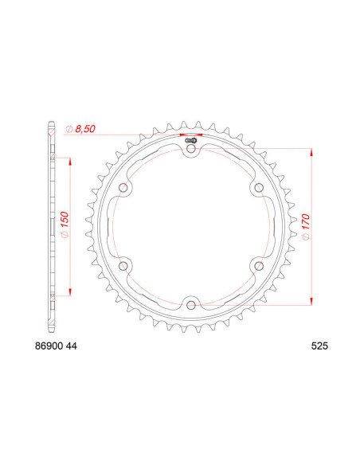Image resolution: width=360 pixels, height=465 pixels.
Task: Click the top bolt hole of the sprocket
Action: pyautogui.click(x=191, y=147)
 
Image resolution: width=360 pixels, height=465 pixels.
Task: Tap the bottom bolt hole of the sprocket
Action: pyautogui.click(x=191, y=303)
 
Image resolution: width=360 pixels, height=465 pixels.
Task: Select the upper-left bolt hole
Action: pyautogui.click(x=124, y=187)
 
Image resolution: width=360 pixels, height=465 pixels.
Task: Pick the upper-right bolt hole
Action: pyautogui.click(x=258, y=187)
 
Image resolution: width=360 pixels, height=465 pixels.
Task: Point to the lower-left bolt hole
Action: pyautogui.click(x=124, y=264)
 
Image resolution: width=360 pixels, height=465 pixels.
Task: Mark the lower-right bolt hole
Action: pyautogui.click(x=258, y=264)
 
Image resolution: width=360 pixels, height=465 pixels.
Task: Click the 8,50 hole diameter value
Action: pyautogui.click(x=90, y=127)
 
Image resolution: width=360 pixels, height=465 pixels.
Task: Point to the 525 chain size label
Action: pyautogui.click(x=320, y=346)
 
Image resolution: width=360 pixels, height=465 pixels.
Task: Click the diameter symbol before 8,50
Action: pyautogui.click(x=70, y=127)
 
